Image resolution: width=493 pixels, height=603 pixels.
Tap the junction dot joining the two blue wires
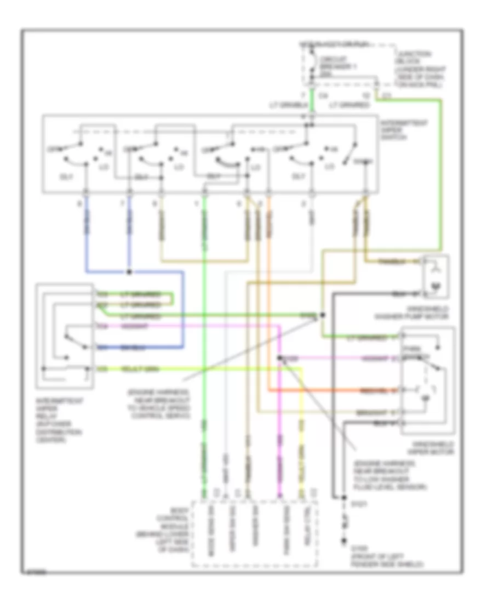tap(129, 271)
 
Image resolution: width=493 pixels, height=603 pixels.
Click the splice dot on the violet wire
tap(279, 359)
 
